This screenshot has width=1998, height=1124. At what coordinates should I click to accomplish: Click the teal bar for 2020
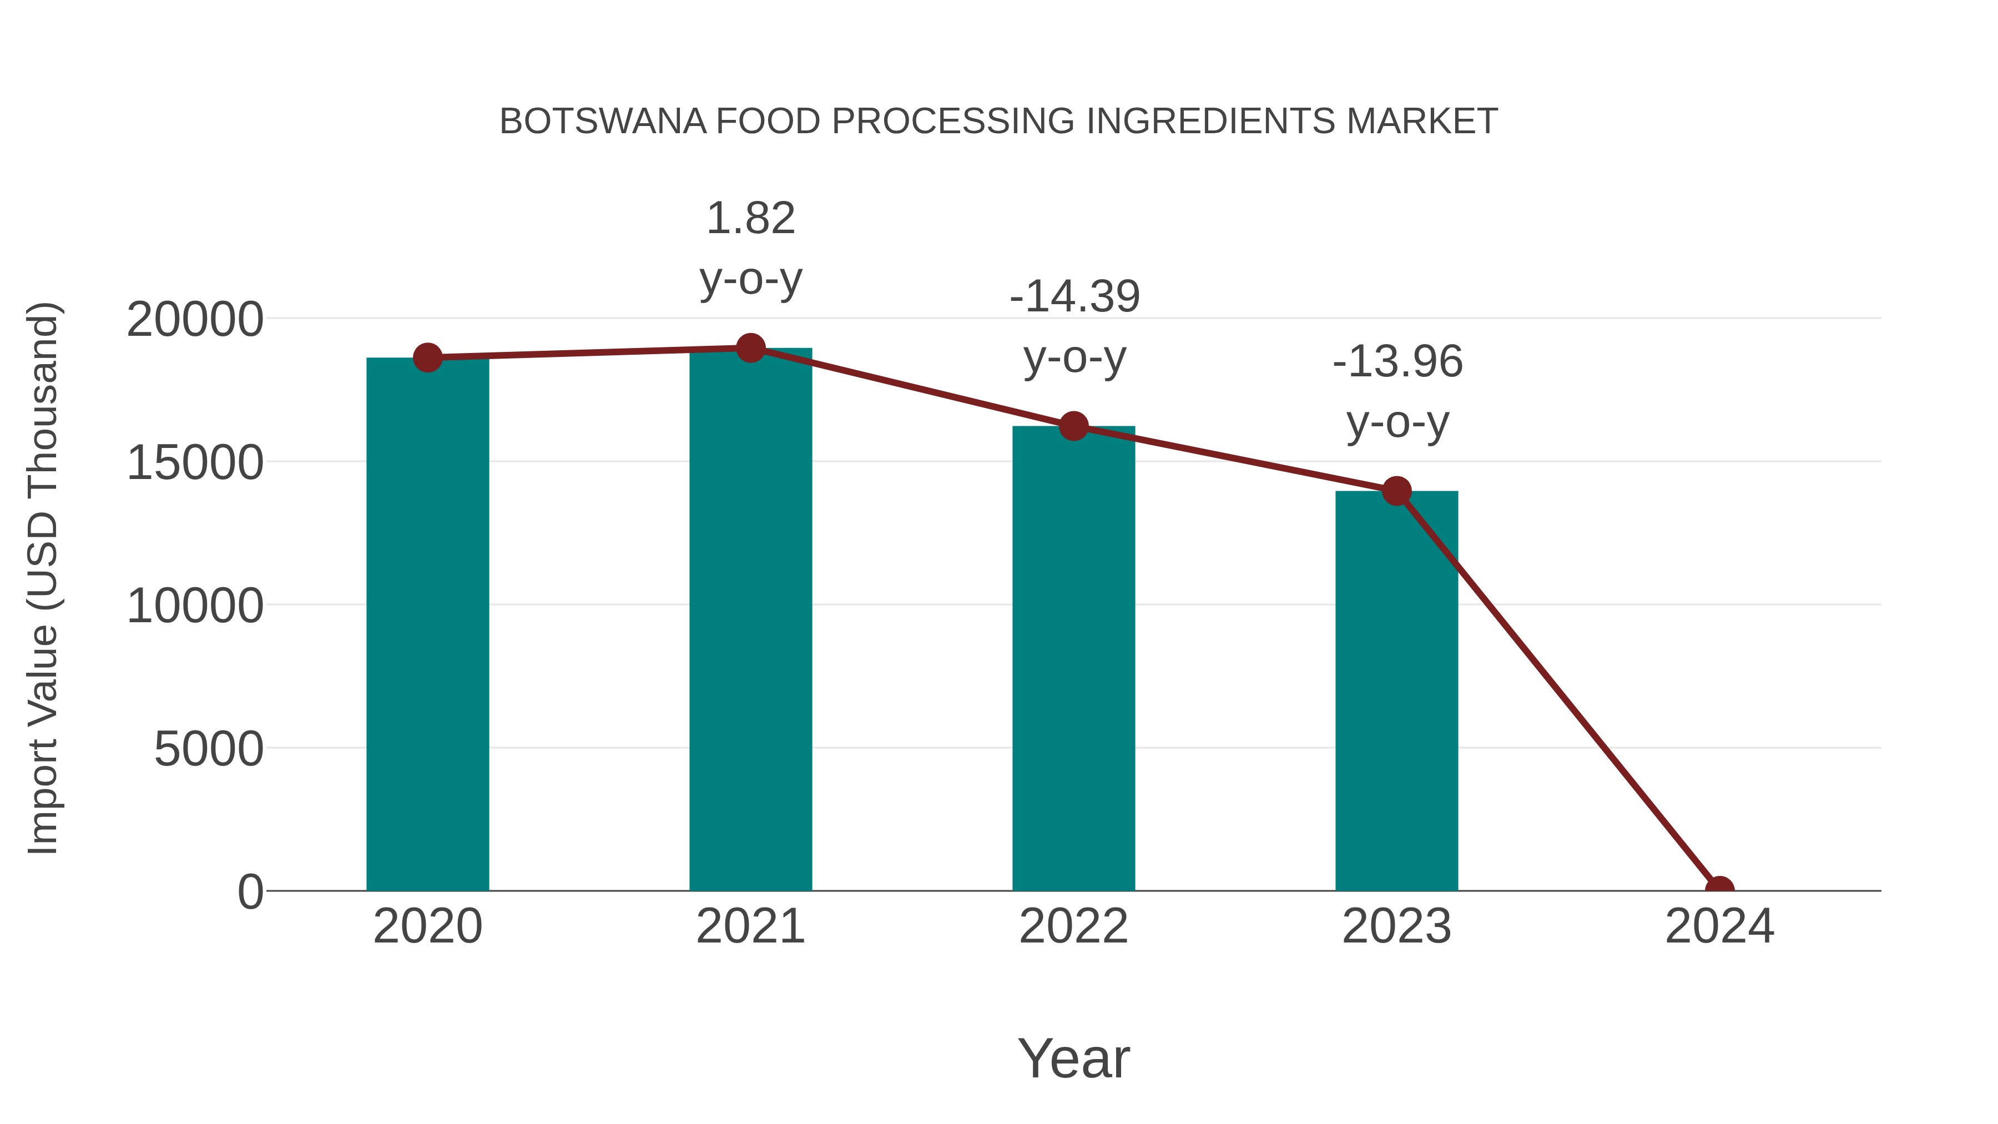(x=427, y=624)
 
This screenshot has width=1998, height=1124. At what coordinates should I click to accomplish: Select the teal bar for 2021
(x=750, y=621)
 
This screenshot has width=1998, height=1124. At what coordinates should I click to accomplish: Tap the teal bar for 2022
(x=1073, y=659)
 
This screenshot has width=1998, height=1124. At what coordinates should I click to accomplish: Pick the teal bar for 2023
(x=1396, y=690)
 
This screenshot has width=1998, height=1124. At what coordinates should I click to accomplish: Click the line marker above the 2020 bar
(x=427, y=357)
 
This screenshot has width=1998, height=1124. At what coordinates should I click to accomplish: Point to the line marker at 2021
(x=750, y=348)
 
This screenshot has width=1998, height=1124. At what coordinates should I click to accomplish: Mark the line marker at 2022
(x=1073, y=426)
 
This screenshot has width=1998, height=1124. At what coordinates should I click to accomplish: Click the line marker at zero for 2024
(x=1719, y=889)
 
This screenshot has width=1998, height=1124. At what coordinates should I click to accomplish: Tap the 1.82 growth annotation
(x=750, y=219)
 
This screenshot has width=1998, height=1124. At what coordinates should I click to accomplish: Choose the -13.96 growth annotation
(x=1397, y=362)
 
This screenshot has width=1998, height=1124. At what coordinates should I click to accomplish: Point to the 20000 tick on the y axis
(x=195, y=320)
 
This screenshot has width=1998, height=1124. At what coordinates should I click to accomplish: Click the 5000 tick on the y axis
(x=208, y=749)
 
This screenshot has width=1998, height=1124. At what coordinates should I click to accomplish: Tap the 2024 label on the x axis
(x=1719, y=926)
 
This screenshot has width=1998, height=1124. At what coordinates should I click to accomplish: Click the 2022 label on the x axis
(x=1073, y=926)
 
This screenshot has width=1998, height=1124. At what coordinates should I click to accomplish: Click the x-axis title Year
(x=1073, y=1058)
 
